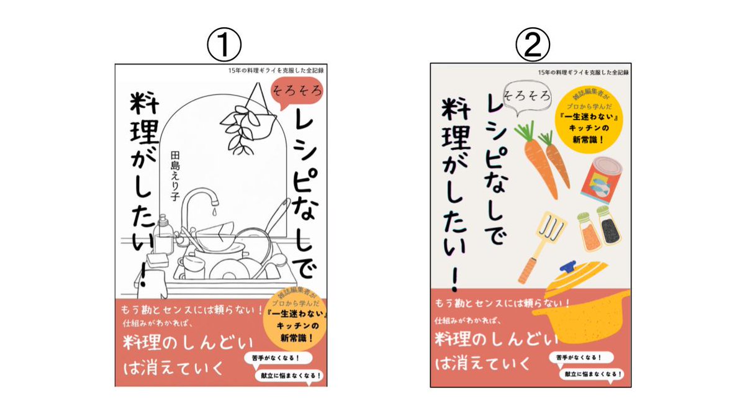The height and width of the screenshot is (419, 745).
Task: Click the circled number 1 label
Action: (223, 46)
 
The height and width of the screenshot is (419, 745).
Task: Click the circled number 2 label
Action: (533, 46)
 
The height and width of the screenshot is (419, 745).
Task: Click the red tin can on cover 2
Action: (600, 181)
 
